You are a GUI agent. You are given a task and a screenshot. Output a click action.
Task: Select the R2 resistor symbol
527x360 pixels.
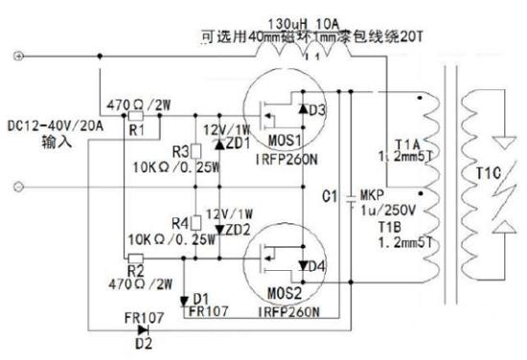[x=135, y=258]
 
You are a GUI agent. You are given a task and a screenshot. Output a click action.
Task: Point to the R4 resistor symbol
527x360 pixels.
[x=195, y=222]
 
